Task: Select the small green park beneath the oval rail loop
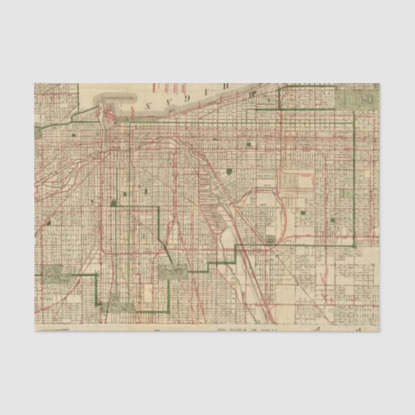(x=270, y=240)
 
